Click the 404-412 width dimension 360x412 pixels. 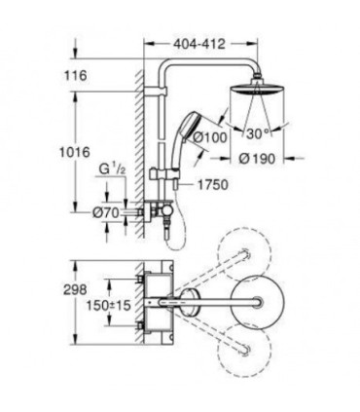point(198,44)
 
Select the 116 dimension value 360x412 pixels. point(75,76)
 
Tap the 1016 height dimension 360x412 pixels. point(74,152)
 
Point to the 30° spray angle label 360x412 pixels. point(258,133)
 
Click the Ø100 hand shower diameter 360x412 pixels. point(210,137)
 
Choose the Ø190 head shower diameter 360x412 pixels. point(257,159)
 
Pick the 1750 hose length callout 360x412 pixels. point(213,185)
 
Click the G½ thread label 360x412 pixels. point(112,170)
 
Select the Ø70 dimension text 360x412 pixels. point(106,213)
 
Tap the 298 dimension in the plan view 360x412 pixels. point(75,288)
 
